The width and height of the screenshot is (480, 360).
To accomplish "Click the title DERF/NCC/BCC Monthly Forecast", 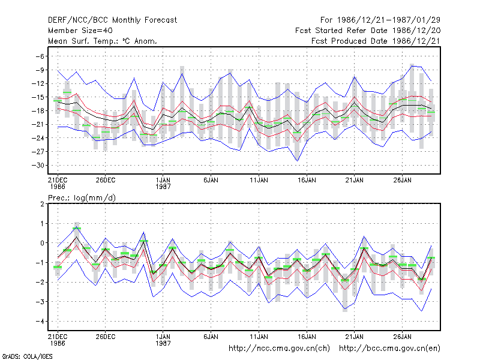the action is tap(112, 20).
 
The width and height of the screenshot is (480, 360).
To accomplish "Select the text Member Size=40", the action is tap(80, 31).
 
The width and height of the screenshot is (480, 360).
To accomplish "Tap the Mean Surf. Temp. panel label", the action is tap(103, 41).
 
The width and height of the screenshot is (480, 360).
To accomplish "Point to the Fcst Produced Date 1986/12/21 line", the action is tap(376, 41).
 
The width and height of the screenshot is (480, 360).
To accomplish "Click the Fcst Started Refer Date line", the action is tap(368, 31).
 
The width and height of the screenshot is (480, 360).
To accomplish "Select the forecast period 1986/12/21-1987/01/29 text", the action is tap(380, 20).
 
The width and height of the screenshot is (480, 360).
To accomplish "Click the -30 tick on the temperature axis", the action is tap(38, 166).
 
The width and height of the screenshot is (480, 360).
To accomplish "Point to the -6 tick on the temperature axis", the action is tap(40, 56).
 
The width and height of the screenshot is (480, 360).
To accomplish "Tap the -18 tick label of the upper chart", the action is tap(38, 111).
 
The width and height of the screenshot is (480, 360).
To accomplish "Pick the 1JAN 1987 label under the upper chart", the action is tap(163, 183).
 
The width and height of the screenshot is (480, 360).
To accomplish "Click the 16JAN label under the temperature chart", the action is tap(307, 180).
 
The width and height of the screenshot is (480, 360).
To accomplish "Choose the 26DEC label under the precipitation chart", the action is tap(106, 337).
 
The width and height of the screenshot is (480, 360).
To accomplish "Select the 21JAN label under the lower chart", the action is tap(355, 337).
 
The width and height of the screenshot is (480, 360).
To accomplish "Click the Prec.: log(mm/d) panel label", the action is tap(82, 198).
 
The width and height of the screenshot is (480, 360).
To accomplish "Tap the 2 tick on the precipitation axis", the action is tap(42, 204).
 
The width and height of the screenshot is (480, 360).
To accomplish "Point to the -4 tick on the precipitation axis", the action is tap(40, 322).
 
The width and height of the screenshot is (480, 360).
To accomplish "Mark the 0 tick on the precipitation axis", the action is tap(42, 243).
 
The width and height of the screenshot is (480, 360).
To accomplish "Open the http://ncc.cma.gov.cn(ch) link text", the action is tap(279, 349).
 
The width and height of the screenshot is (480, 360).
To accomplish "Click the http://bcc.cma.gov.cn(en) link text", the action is tap(389, 349).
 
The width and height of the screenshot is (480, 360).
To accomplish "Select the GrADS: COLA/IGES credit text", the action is tap(27, 356).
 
